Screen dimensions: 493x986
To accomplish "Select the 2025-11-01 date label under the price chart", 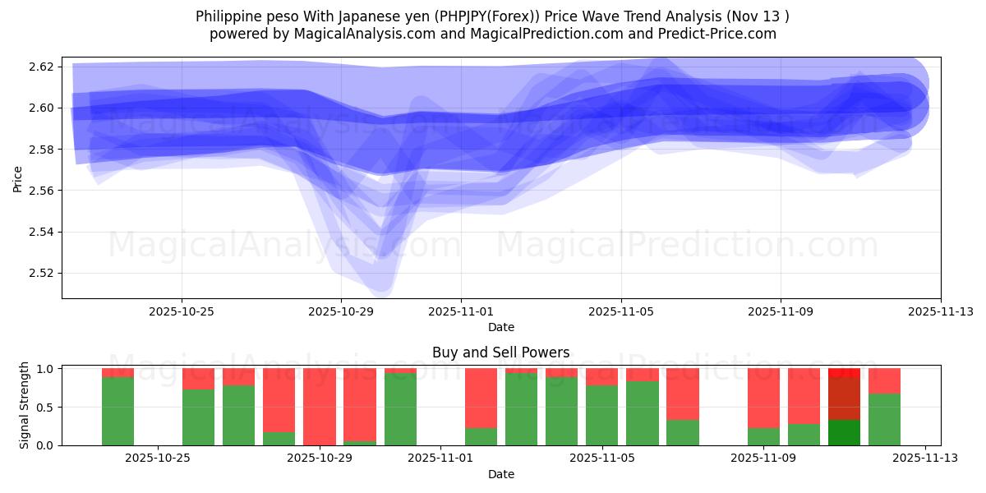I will pos(461,311).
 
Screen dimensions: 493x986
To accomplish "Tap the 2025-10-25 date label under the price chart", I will pos(182,311).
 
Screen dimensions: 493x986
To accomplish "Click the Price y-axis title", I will pos(18,178).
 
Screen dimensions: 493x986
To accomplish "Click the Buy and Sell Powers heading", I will pos(500,352).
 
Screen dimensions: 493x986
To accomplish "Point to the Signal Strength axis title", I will pos(25,404).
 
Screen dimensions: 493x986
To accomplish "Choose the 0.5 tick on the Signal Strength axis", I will pos(45,407).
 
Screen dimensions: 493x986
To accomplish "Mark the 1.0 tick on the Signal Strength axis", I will pos(45,369).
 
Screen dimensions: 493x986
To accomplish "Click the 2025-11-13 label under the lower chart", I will pos(925,458).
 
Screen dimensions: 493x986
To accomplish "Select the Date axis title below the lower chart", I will pos(500,474).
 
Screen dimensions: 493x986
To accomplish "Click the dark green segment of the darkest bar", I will pos(844,432).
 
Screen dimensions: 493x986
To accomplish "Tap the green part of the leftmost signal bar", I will pos(117,411).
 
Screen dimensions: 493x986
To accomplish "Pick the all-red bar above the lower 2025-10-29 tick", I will pos(319,407).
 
